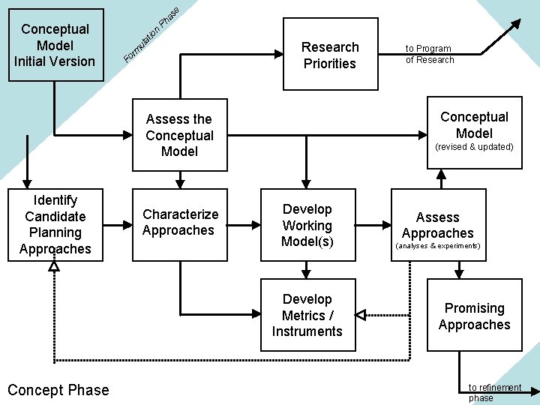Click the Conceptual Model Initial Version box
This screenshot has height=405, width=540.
tap(55, 45)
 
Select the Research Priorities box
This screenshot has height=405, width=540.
tap(330, 55)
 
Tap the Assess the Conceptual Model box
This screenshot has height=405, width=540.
tap(179, 135)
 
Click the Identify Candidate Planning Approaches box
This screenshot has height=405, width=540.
tap(55, 224)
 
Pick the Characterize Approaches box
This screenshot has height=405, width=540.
tap(180, 223)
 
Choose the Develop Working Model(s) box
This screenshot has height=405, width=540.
tap(307, 225)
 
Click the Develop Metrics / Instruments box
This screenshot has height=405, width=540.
tap(307, 315)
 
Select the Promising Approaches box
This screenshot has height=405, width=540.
tap(474, 316)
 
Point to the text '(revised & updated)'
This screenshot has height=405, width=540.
tap(474, 147)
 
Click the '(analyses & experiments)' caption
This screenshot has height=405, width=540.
tap(437, 246)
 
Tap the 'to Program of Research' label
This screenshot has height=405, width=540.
tap(430, 54)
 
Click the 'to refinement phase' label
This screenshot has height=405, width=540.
tap(494, 392)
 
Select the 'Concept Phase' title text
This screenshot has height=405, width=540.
tap(58, 390)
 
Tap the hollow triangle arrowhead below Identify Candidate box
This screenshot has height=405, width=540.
tap(54, 266)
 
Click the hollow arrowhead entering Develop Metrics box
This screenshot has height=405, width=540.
tap(360, 315)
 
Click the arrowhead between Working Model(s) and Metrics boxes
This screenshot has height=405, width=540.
tap(307, 272)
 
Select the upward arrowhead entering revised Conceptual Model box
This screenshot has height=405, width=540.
tap(441, 175)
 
